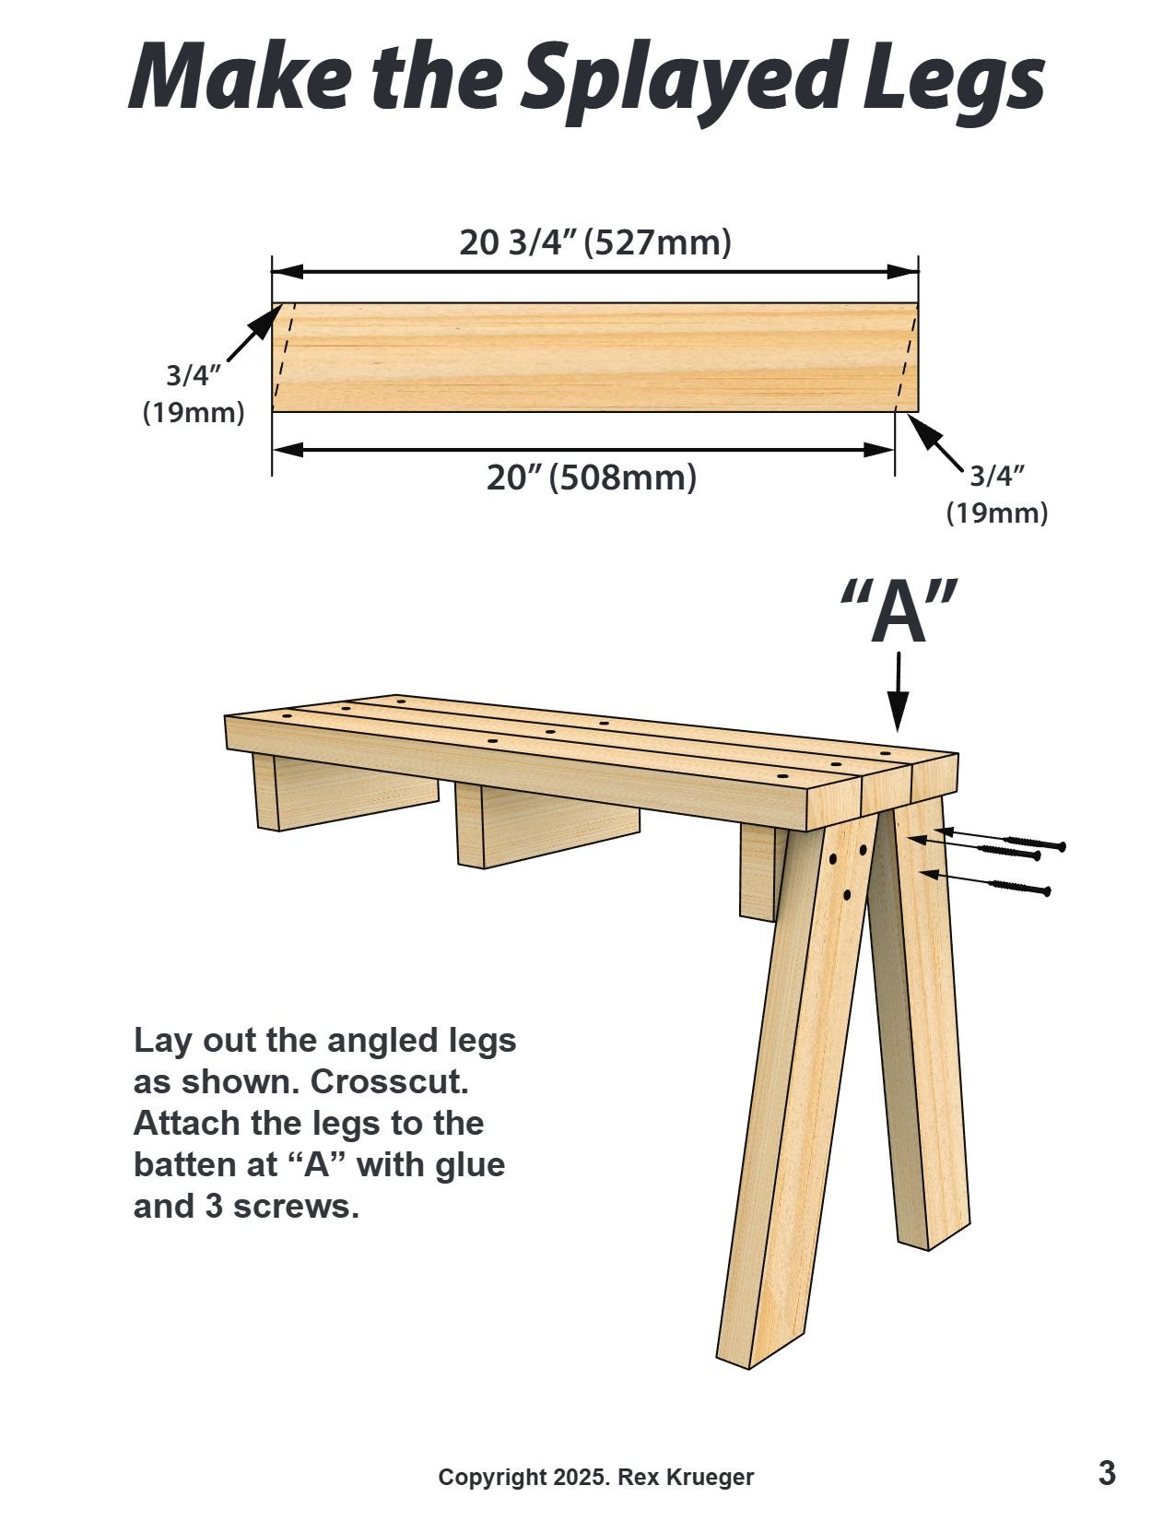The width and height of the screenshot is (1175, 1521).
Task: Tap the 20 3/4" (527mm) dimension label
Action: coord(595,242)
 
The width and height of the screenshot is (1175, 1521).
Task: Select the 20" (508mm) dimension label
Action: coord(592,478)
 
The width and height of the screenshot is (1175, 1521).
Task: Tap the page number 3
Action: coord(1107,1472)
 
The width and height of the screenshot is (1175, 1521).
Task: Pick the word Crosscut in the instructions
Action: coord(404,1081)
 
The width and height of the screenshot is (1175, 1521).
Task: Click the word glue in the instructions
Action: coord(470,1164)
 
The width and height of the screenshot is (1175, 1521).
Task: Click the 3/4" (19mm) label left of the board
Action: coord(194,394)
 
